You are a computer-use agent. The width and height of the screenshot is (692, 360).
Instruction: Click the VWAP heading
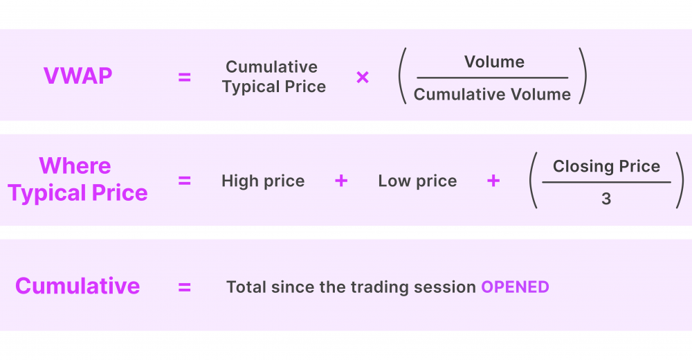click(x=78, y=76)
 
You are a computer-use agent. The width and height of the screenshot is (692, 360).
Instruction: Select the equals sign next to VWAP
click(x=185, y=78)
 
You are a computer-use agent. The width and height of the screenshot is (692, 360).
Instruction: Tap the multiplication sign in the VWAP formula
click(x=363, y=78)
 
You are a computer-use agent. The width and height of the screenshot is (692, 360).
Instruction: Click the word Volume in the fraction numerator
click(x=494, y=62)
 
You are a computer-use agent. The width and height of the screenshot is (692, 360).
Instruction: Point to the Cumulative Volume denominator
click(x=492, y=94)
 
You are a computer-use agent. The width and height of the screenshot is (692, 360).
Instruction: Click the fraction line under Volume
click(x=493, y=78)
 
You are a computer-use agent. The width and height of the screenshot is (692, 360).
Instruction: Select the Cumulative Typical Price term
click(x=273, y=76)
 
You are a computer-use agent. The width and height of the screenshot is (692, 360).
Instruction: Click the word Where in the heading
click(x=75, y=165)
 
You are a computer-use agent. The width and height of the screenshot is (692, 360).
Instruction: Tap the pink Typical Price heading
click(x=78, y=193)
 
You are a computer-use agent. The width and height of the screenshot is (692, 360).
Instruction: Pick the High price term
click(x=263, y=181)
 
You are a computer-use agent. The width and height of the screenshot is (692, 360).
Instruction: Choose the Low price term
click(x=417, y=181)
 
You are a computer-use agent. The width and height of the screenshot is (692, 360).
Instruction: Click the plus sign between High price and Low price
click(x=341, y=181)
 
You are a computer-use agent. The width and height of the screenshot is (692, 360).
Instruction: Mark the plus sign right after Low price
click(x=493, y=181)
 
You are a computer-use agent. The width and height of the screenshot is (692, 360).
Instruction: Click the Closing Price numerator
click(x=606, y=166)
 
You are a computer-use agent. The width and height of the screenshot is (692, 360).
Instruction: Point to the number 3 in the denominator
click(x=606, y=199)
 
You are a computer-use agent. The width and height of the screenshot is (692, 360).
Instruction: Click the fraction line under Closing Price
click(x=606, y=182)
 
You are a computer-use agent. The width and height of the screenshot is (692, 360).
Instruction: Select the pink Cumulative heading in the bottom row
click(x=78, y=286)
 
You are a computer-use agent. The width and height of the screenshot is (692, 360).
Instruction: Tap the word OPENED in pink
click(x=515, y=287)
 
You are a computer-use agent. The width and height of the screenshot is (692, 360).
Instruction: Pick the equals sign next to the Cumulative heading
click(x=185, y=287)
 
